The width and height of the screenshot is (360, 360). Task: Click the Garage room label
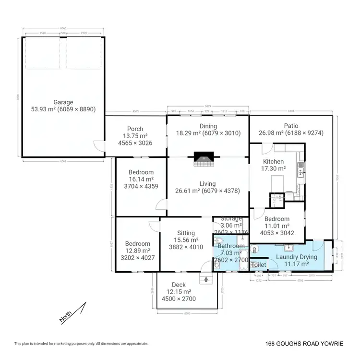pyautogui.click(x=63, y=102)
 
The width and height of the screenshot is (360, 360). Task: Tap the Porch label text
pyautogui.click(x=135, y=129)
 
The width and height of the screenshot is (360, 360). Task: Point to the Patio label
pyautogui.click(x=290, y=126)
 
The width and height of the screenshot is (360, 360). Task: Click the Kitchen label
pyautogui.click(x=273, y=162)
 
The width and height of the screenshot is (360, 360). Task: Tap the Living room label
pyautogui.click(x=208, y=184)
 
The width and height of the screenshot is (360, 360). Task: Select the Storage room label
pyautogui.click(x=231, y=219)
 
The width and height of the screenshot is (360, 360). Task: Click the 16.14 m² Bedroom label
pyautogui.click(x=141, y=172)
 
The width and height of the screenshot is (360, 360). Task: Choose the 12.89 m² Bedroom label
pyautogui.click(x=137, y=244)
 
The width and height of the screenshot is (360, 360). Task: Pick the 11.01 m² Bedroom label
pyautogui.click(x=277, y=219)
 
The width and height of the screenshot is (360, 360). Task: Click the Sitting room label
pyautogui.click(x=186, y=233)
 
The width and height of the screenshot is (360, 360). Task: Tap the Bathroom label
pyautogui.click(x=231, y=246)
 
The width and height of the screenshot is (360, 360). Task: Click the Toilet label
pyautogui.click(x=259, y=265)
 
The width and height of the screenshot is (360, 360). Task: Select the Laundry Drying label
pyautogui.click(x=296, y=257)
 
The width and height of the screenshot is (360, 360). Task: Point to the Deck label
pyautogui.click(x=179, y=285)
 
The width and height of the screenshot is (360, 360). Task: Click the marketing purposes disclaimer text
pyautogui.click(x=81, y=344)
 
